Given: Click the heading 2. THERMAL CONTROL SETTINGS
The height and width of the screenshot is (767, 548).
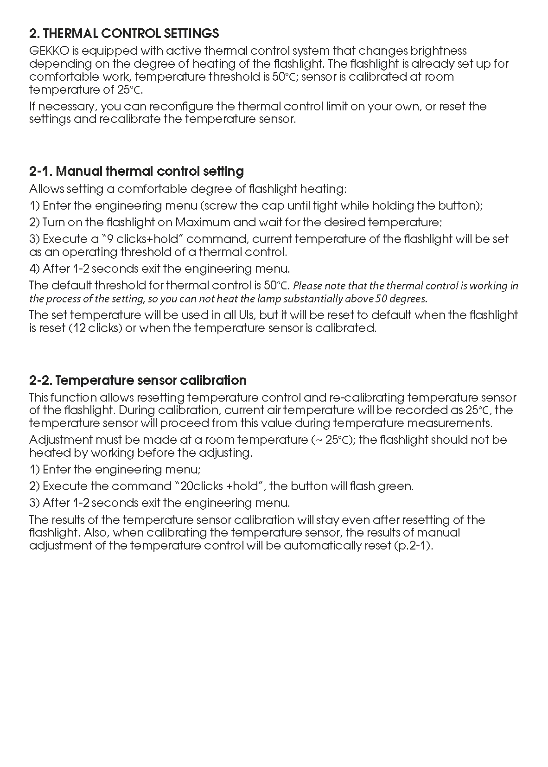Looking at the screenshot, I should (x=124, y=33).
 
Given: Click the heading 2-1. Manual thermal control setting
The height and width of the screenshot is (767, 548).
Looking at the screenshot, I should (x=136, y=171).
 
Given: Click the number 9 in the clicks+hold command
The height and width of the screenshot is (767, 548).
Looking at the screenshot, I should (x=110, y=239).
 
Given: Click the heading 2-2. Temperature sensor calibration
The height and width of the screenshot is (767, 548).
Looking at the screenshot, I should (x=138, y=380).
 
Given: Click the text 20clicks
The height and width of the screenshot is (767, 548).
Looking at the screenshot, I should (x=201, y=486).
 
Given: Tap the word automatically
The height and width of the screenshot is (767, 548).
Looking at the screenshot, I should (x=322, y=545).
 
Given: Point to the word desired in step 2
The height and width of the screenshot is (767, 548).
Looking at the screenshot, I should (x=343, y=222).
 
